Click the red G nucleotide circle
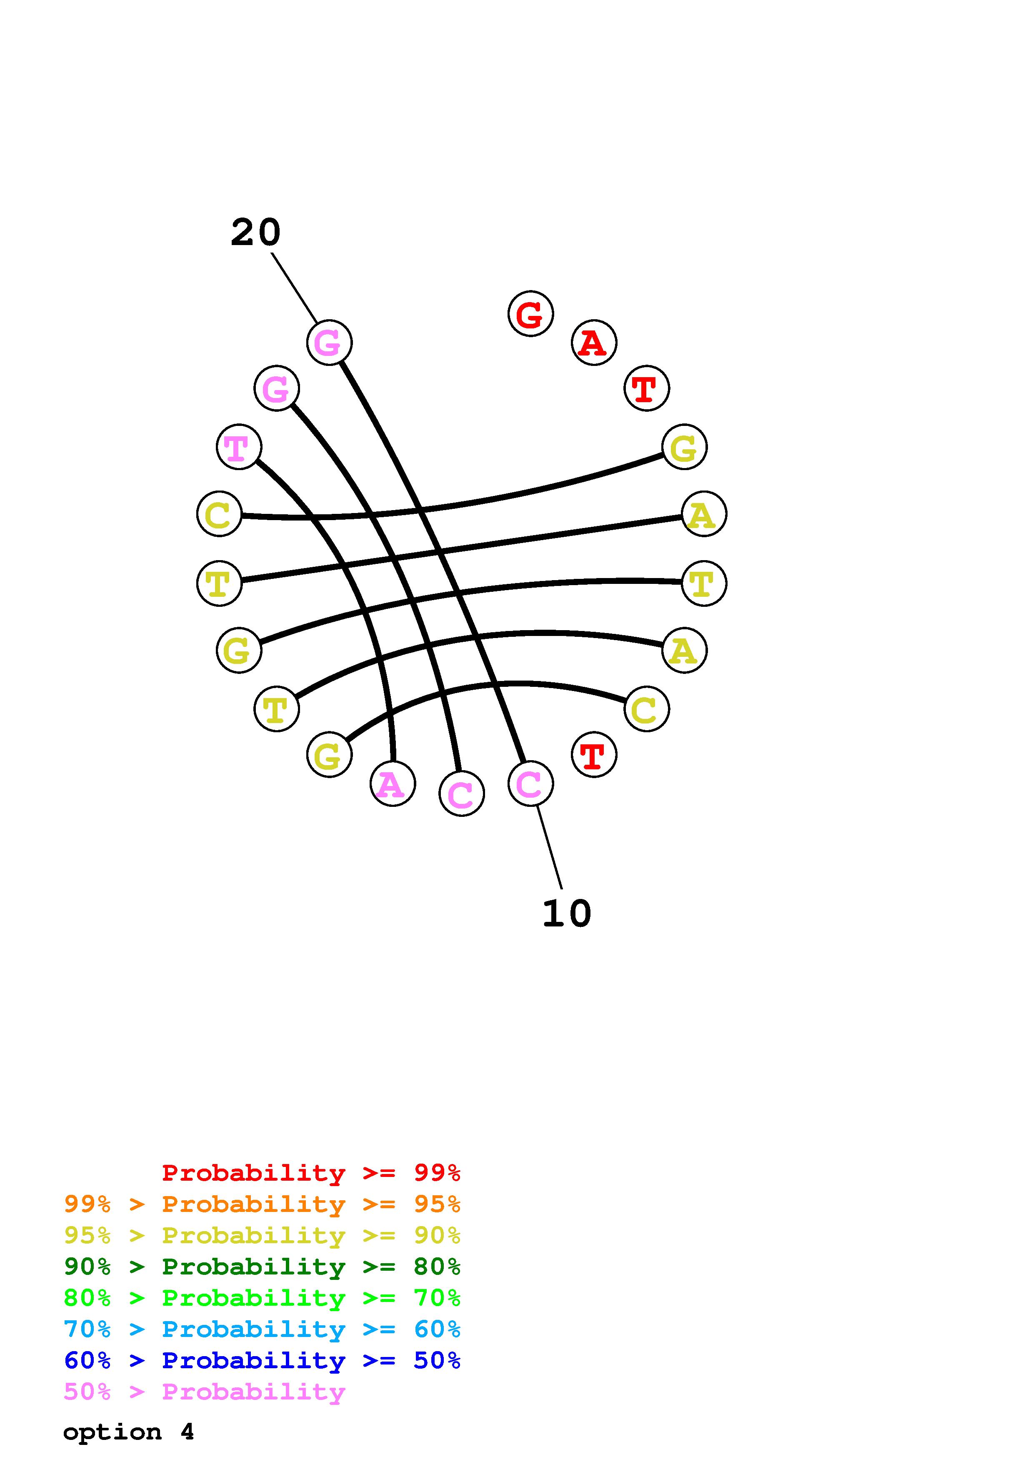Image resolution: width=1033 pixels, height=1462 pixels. pos(530,313)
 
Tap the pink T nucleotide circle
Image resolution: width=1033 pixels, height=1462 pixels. pos(239,447)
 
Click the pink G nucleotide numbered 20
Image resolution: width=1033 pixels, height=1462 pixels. pos(329,343)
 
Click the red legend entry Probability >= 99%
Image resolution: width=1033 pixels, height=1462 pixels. pos(310,1172)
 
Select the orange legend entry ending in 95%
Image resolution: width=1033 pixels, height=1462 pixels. pos(262,1204)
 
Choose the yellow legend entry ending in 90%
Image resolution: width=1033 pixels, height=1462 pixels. pos(262,1235)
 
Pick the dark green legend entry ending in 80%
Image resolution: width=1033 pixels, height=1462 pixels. pos(262,1267)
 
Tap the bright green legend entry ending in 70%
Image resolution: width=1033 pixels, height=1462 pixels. pos(262,1298)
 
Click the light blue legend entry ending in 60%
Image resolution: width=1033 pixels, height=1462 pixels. pos(262,1329)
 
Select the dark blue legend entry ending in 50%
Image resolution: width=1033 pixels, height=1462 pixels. pos(262,1360)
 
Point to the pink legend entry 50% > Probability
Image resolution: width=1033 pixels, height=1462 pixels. pos(204,1391)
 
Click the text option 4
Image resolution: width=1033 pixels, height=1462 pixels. pos(128,1432)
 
